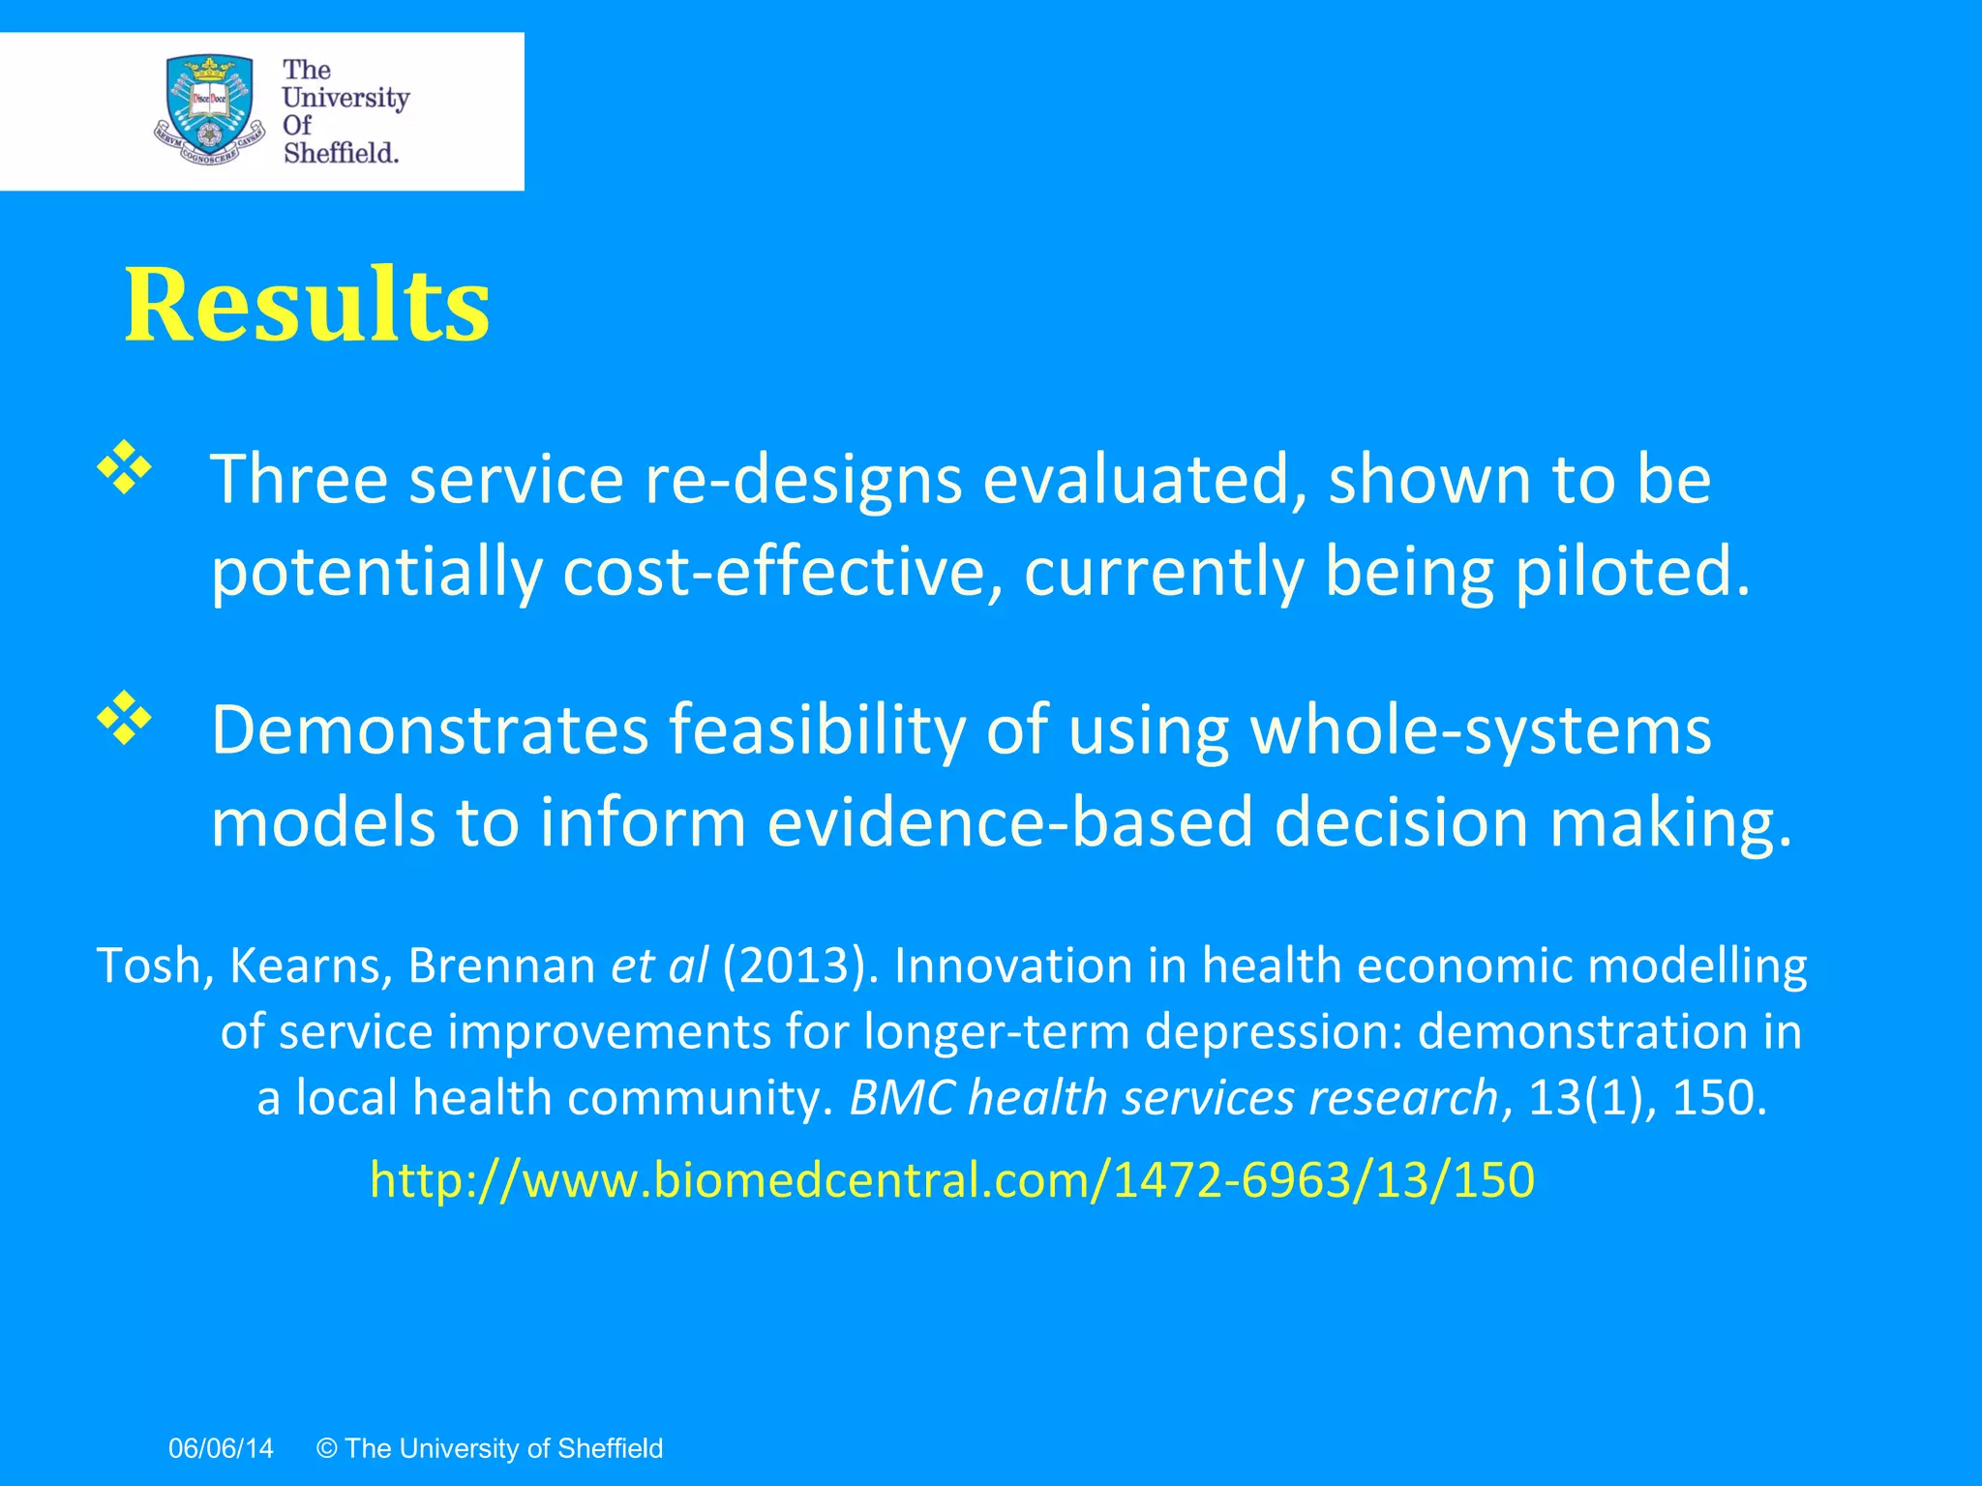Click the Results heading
307,306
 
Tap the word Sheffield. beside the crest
341,153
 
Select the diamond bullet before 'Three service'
125,467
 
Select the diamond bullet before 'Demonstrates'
125,718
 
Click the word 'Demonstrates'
430,729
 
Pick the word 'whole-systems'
1481,729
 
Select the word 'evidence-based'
1010,822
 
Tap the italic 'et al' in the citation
659,966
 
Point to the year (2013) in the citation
801,966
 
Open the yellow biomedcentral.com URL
952,1180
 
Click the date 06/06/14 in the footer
221,1448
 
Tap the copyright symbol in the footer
326,1448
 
